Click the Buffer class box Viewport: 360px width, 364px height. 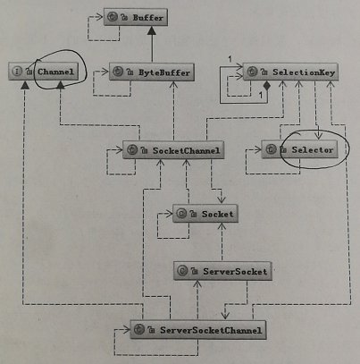(x=136, y=17)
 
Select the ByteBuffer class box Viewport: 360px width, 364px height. (x=152, y=72)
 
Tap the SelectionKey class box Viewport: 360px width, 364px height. (x=290, y=72)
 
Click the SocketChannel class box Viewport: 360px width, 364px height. (x=173, y=150)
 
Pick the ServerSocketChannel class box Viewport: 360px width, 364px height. (x=198, y=330)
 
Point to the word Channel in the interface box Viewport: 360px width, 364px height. (x=55, y=72)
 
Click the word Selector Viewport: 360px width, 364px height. (x=313, y=149)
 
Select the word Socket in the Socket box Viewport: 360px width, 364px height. (x=217, y=214)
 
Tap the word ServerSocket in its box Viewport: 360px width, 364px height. (x=235, y=271)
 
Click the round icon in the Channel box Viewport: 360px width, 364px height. (x=17, y=72)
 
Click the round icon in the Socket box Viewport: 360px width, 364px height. (x=181, y=214)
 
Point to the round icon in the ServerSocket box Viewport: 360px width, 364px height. (x=182, y=271)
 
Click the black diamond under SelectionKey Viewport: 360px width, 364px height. (x=267, y=86)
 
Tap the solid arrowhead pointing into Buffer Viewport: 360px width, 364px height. (x=152, y=30)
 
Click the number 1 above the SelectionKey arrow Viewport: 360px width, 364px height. (x=230, y=59)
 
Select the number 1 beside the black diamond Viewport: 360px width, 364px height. (x=260, y=95)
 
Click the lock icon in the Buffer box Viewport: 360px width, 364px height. (x=124, y=18)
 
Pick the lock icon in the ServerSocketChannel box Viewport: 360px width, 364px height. (x=151, y=330)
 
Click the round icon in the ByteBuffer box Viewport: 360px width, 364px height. (x=119, y=72)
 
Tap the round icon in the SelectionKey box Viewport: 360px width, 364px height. (x=252, y=72)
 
